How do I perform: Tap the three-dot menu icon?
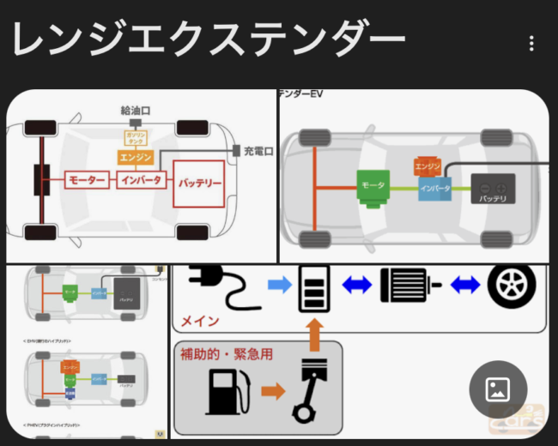[532, 44]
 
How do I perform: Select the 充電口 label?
[258, 152]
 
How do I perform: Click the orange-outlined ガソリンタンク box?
[136, 138]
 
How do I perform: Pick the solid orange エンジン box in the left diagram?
[136, 158]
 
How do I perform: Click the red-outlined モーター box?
[88, 182]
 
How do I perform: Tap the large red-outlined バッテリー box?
[199, 184]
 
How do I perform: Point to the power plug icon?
[221, 286]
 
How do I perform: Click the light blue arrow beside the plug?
[280, 285]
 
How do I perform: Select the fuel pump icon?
[227, 392]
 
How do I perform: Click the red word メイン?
[199, 322]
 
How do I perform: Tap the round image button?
[498, 389]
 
